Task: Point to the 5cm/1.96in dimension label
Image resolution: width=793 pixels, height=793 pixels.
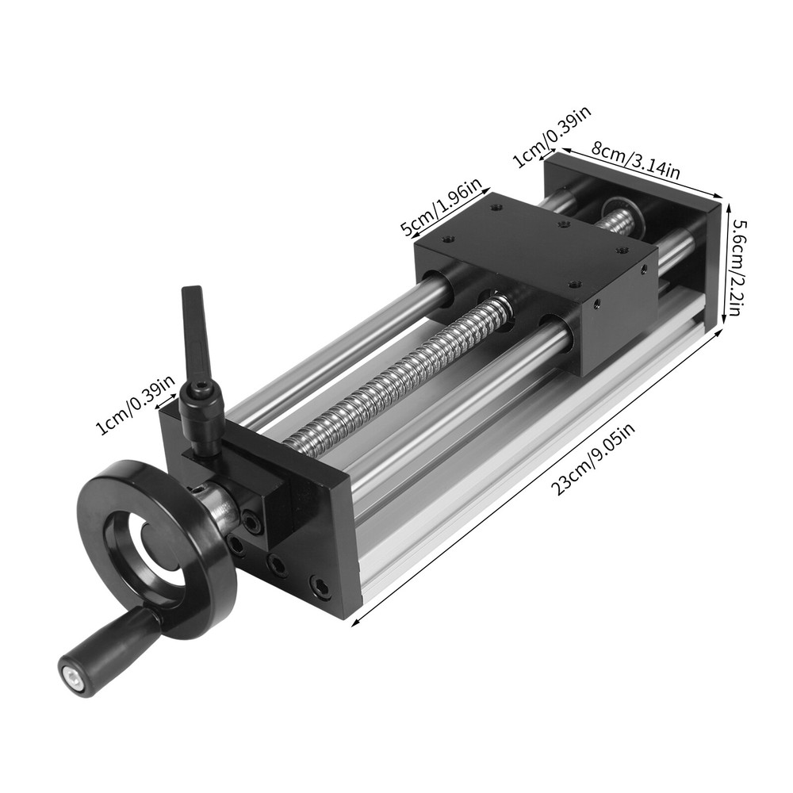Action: tap(442, 209)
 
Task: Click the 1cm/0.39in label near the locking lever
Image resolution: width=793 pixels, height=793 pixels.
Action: tap(135, 406)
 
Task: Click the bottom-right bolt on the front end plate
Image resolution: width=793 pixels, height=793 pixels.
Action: tap(320, 587)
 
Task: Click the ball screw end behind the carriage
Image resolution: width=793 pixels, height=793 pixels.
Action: tap(623, 216)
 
